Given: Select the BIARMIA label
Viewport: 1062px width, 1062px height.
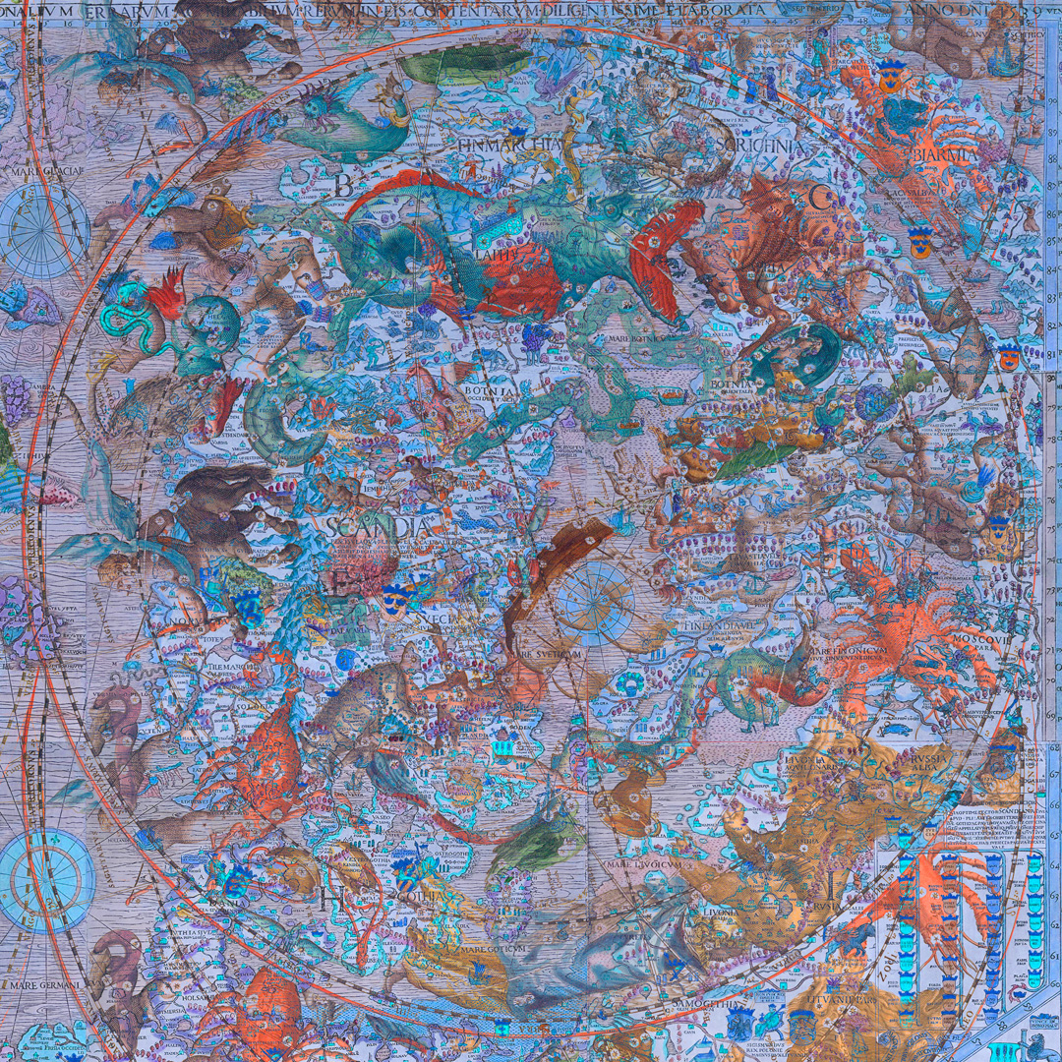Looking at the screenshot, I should click(944, 155).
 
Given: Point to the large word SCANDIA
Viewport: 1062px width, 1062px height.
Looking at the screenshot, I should click(378, 527).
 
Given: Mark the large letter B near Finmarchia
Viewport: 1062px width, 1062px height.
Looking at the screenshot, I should click(343, 184).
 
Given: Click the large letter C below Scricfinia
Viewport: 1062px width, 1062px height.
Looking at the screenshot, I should click(819, 197).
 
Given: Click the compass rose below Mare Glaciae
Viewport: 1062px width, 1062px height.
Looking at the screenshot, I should click(43, 228).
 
